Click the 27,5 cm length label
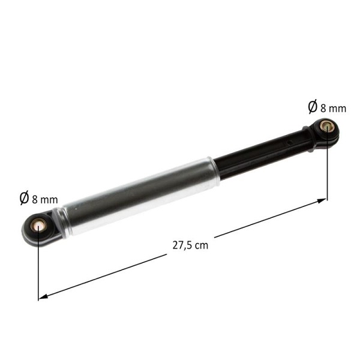(190, 245)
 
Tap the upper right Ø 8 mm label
(327, 107)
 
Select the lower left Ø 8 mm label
(38, 198)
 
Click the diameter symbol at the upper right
(313, 107)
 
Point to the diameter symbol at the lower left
(24, 198)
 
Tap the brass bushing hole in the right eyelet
(326, 127)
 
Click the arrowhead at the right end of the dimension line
(322, 200)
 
